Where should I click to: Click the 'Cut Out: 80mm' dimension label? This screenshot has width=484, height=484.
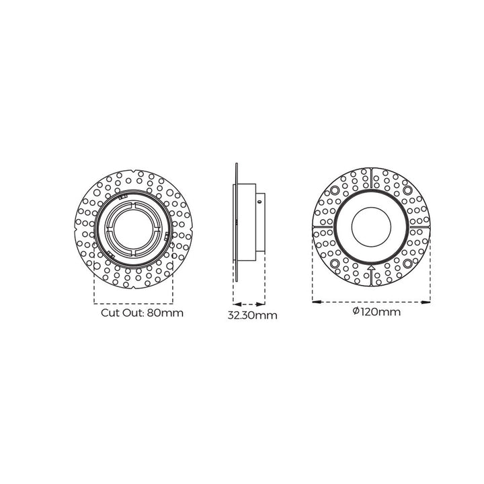point(142,313)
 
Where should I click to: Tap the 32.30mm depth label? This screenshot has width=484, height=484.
point(252,315)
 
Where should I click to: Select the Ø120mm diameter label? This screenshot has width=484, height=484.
point(376,312)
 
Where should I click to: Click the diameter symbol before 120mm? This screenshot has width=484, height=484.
point(356,311)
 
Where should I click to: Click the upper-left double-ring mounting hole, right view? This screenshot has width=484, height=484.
point(335,190)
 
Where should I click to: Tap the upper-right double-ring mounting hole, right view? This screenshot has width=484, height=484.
point(407,190)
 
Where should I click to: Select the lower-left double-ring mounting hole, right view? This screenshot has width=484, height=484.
point(335,263)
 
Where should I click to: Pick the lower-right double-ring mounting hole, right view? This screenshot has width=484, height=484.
point(407,263)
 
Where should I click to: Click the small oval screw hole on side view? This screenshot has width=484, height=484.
point(259,202)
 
